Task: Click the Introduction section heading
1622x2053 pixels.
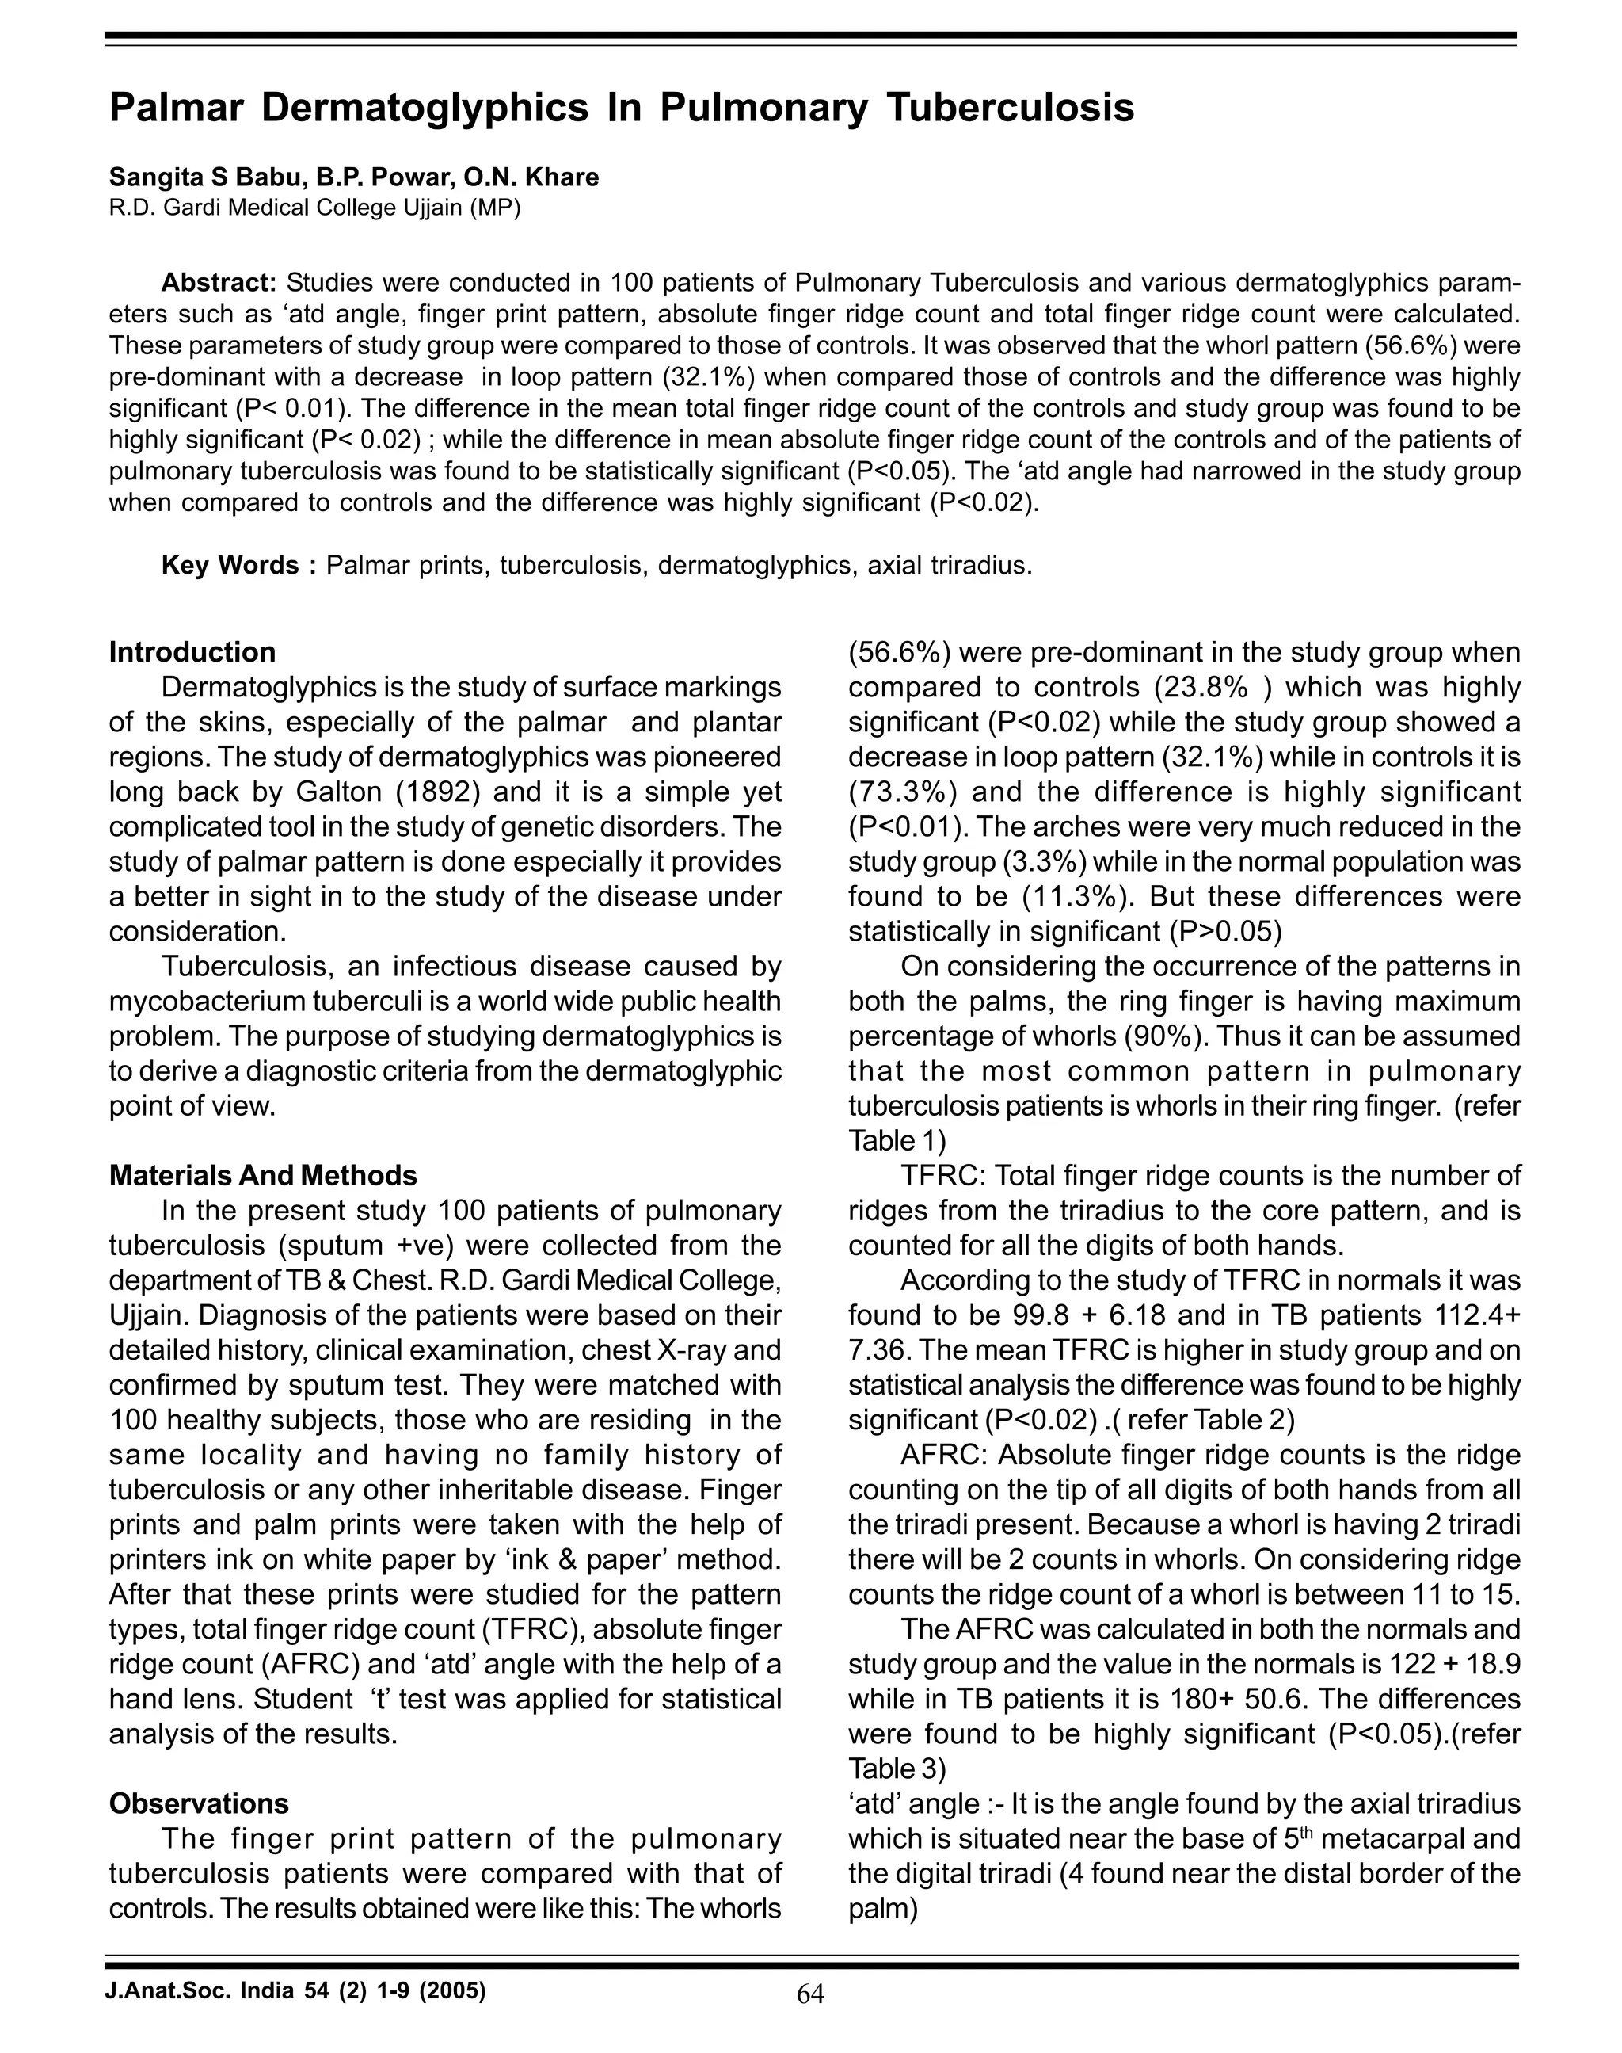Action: coord(192,653)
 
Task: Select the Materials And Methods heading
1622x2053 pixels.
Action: coord(263,1176)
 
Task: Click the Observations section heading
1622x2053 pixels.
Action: coord(200,1804)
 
